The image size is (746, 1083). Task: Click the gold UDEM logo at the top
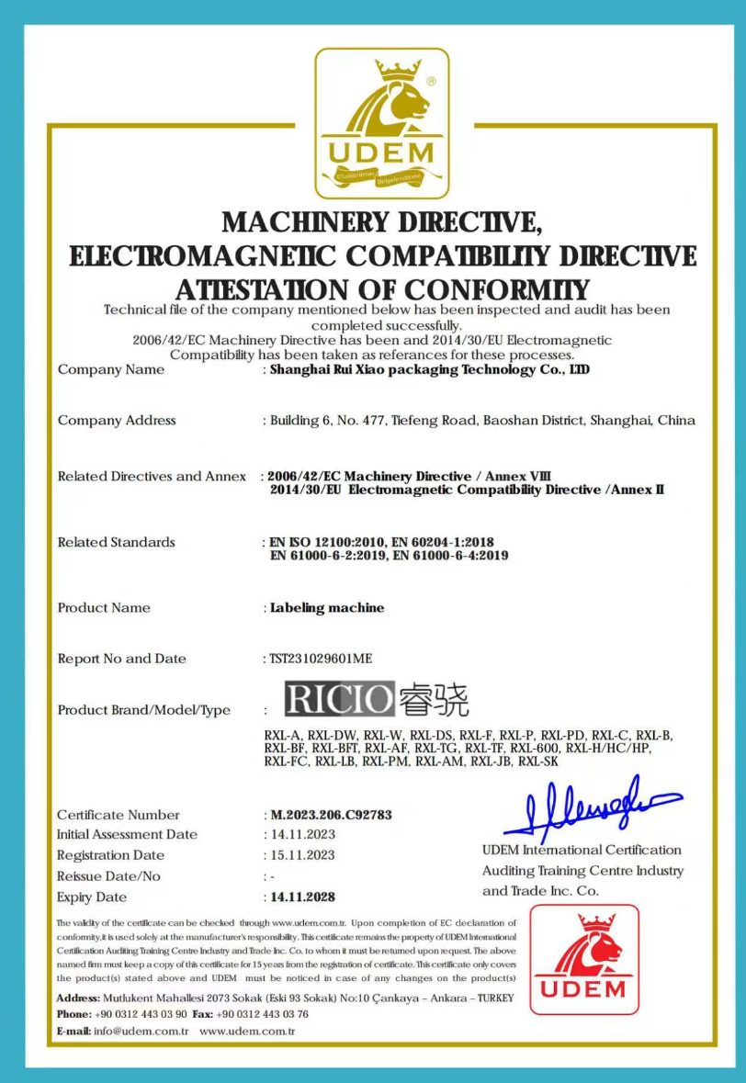click(x=382, y=123)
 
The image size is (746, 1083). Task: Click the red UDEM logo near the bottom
click(x=584, y=959)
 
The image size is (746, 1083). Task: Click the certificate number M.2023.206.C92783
click(x=332, y=815)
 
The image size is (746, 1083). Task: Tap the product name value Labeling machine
click(x=327, y=608)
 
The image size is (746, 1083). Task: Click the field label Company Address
click(x=117, y=421)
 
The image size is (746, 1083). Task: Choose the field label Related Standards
click(x=116, y=542)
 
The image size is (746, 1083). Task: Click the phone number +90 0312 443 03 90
click(x=141, y=1014)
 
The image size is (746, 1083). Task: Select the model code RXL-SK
click(x=538, y=761)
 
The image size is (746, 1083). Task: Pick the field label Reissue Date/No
click(x=108, y=876)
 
